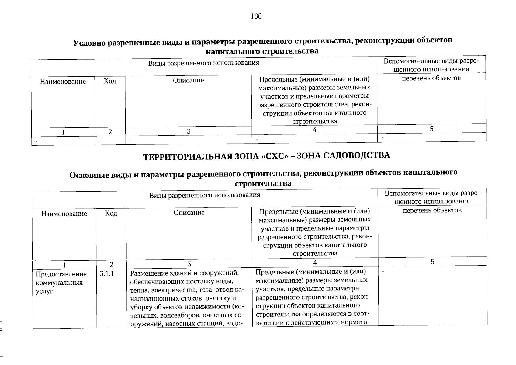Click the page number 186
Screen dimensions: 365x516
pyautogui.click(x=256, y=16)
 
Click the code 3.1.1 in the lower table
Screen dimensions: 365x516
pyautogui.click(x=106, y=274)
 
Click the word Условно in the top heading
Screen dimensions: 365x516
pyautogui.click(x=90, y=43)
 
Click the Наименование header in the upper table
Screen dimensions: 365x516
pyautogui.click(x=63, y=82)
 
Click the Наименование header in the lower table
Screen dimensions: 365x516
pyautogui.click(x=64, y=214)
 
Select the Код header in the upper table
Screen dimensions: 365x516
pyautogui.click(x=110, y=81)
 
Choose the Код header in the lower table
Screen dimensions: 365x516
pyautogui.click(x=111, y=213)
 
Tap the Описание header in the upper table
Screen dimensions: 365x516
pyautogui.click(x=188, y=80)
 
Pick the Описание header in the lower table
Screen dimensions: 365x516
pyautogui.click(x=189, y=212)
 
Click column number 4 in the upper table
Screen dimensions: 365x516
pyautogui.click(x=314, y=130)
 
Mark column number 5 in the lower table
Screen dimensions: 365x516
pyautogui.click(x=432, y=262)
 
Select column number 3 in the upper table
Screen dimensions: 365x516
pyautogui.click(x=189, y=131)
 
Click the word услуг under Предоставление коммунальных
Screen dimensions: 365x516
pyautogui.click(x=44, y=291)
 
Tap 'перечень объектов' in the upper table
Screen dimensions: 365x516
pyautogui.click(x=431, y=78)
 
